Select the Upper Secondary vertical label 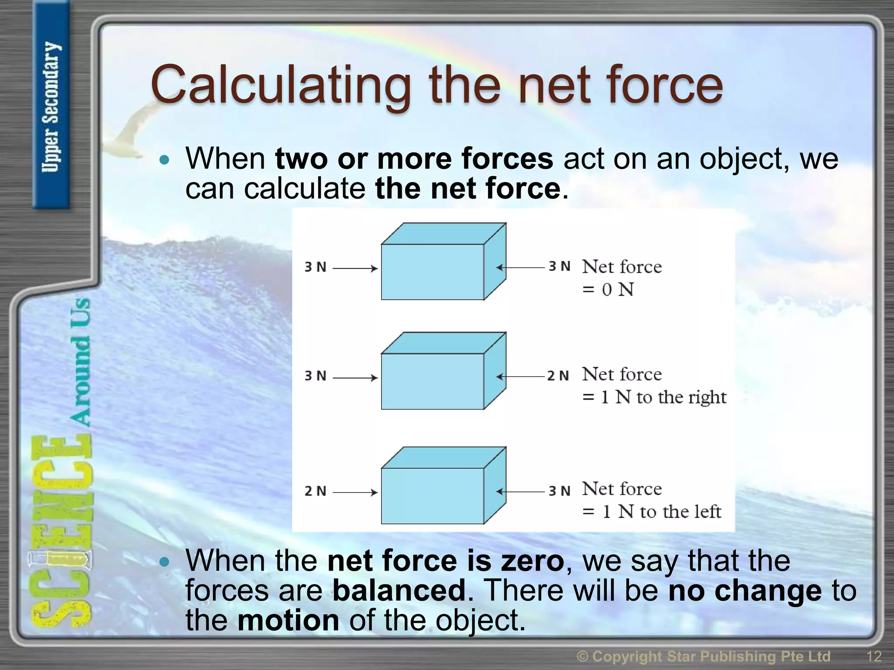[x=51, y=107]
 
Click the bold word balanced [x=399, y=591]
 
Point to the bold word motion [x=288, y=620]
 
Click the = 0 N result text [x=608, y=290]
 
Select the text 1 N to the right [x=663, y=397]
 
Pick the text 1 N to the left [x=661, y=512]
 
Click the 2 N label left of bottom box [x=315, y=491]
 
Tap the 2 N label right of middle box [x=558, y=376]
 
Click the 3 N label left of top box [x=315, y=267]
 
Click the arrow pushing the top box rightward [x=355, y=268]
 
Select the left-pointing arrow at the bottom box [x=520, y=492]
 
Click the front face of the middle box [x=432, y=381]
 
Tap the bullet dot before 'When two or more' [x=164, y=160]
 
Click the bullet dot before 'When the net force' [x=164, y=562]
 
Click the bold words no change [x=745, y=591]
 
